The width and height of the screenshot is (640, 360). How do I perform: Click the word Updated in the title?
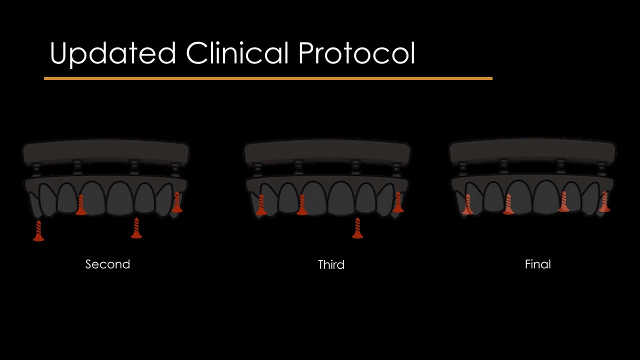(x=112, y=53)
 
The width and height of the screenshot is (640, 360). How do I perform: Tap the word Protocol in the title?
(x=356, y=53)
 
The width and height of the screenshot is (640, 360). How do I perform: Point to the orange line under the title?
(x=268, y=78)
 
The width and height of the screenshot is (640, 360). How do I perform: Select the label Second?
(x=107, y=264)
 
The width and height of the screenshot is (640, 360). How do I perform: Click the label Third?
(x=331, y=264)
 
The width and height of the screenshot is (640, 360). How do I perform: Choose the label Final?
(x=537, y=264)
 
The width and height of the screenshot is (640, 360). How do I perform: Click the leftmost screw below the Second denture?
(x=38, y=231)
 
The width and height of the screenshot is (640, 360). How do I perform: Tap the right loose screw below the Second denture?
(x=136, y=228)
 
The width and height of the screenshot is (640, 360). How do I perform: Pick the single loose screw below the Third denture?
(x=357, y=228)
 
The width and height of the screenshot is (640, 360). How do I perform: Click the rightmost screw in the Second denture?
(x=177, y=202)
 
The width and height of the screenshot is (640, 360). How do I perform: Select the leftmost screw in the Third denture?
(x=261, y=205)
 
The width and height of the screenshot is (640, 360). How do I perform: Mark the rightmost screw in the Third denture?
(x=398, y=202)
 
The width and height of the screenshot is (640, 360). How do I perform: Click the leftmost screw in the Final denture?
(x=467, y=204)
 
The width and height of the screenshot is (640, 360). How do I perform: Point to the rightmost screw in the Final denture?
(x=604, y=201)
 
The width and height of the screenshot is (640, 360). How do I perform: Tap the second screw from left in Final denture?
(x=508, y=204)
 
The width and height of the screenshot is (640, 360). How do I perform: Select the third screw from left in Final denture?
(x=563, y=201)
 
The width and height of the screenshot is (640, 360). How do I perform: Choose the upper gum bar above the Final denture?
(x=532, y=151)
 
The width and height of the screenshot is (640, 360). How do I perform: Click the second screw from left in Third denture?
(x=301, y=205)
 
